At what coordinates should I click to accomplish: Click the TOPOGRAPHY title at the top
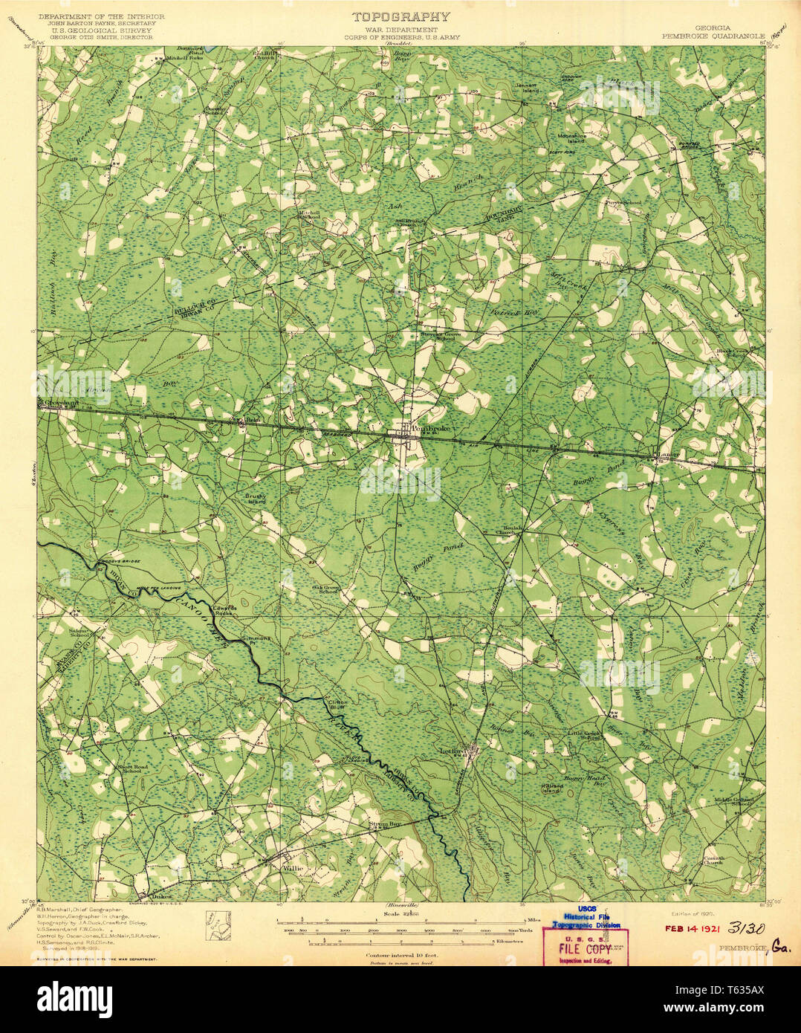[400, 16]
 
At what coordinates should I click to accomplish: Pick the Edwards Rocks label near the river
[224, 610]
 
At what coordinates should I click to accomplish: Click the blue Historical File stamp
[586, 918]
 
